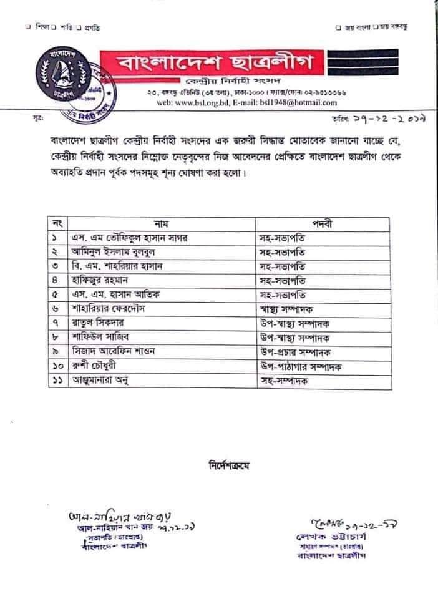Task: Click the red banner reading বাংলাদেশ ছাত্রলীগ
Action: pyautogui.click(x=220, y=63)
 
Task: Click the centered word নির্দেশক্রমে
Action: pyautogui.click(x=231, y=464)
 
